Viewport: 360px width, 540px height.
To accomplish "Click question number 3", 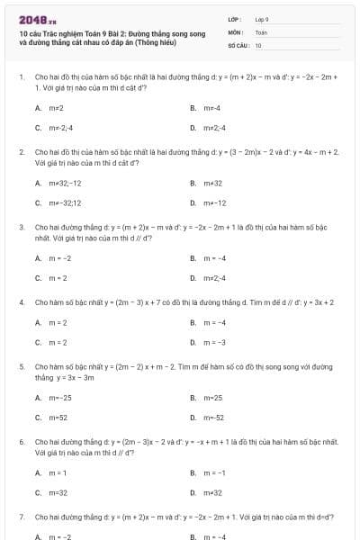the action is pyautogui.click(x=21, y=228).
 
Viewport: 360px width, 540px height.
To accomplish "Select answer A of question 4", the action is pyautogui.click(x=56, y=321).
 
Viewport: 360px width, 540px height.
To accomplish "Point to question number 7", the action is pyautogui.click(x=21, y=517).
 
